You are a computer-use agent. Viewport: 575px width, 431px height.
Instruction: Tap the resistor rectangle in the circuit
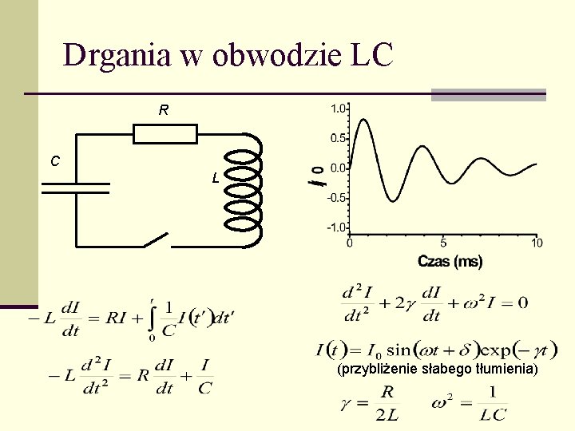[165, 133]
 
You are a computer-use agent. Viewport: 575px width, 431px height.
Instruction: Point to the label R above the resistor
[163, 110]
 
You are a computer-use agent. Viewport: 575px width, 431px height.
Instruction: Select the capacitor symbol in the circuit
[74, 187]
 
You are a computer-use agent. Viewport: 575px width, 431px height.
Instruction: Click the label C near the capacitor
[54, 161]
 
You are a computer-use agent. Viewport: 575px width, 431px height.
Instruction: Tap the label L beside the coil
[216, 178]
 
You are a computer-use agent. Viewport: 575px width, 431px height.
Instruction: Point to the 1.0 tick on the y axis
[338, 109]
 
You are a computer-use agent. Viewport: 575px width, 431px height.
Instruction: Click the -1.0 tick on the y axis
[336, 227]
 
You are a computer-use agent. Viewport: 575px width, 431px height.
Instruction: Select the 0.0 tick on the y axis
[338, 168]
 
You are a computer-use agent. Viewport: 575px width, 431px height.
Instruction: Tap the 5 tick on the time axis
[443, 243]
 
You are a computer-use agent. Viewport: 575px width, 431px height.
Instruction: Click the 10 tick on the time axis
[537, 243]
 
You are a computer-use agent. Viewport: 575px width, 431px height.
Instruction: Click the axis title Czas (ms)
[450, 261]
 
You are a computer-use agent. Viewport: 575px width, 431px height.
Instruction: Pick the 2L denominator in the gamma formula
[387, 413]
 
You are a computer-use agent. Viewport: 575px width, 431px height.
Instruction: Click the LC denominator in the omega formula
[494, 413]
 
